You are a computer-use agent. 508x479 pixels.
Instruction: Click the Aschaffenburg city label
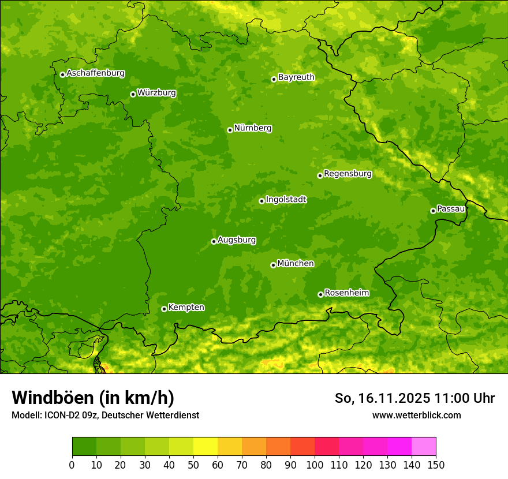[95, 73]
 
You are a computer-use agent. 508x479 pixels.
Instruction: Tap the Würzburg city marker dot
[133, 94]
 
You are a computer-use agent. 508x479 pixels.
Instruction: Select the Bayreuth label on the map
[296, 77]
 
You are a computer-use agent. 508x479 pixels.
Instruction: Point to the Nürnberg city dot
[230, 130]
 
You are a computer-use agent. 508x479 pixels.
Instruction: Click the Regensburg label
[348, 174]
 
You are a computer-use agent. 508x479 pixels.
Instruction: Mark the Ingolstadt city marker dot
[262, 201]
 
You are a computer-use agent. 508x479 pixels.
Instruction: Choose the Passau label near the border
[451, 209]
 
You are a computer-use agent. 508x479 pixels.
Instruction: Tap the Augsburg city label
[236, 240]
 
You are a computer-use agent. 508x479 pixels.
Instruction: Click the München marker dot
[273, 265]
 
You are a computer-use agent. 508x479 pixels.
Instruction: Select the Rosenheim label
[346, 293]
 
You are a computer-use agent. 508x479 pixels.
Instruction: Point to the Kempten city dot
[164, 309]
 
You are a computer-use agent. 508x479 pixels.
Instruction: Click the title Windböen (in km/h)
[93, 398]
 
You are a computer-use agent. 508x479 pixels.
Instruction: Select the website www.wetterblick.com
[416, 415]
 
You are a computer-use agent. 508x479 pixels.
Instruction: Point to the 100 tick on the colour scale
[315, 465]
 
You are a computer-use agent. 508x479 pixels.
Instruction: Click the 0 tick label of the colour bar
[72, 465]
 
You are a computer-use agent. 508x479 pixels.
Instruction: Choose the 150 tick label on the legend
[436, 465]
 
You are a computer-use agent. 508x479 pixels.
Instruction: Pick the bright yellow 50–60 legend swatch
[206, 447]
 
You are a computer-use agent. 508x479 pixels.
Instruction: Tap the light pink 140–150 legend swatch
[424, 447]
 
